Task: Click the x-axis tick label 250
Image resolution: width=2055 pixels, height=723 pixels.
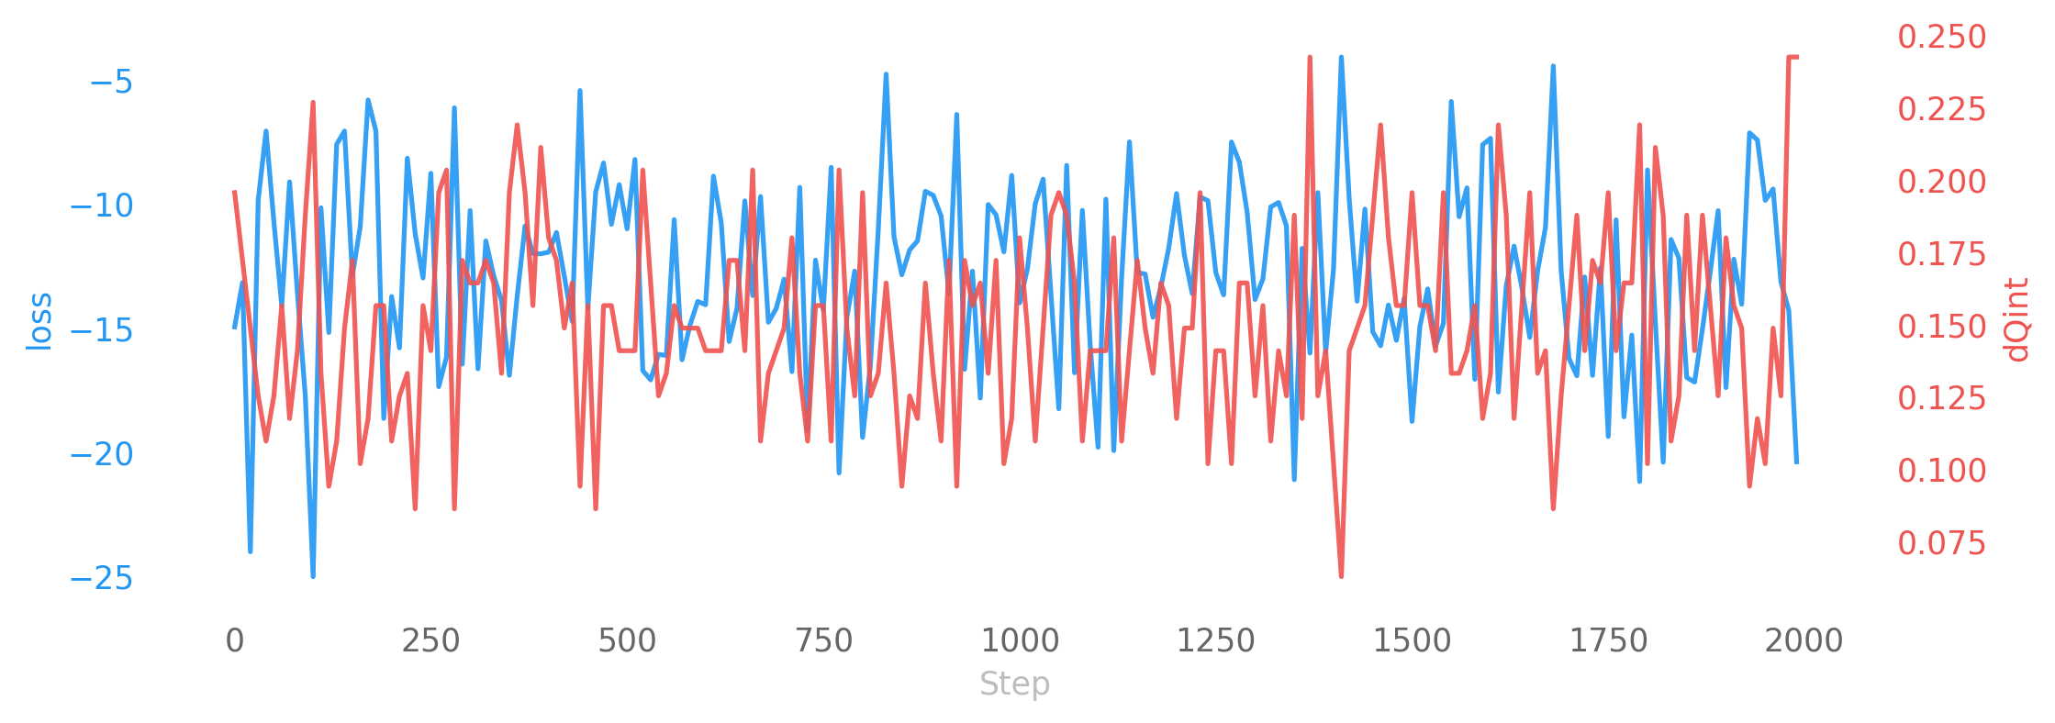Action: point(430,640)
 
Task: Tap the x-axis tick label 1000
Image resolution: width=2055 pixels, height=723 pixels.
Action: point(1020,640)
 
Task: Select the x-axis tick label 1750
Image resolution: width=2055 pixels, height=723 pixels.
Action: point(1608,640)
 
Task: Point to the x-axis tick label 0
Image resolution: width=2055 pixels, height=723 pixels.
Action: point(235,640)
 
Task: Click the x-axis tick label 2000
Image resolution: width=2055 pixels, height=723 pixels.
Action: point(1804,640)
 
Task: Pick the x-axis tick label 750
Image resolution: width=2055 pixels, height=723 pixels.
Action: point(823,640)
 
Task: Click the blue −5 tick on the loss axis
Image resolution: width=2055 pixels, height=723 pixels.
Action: point(111,83)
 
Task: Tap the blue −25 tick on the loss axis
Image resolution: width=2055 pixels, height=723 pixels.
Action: point(102,578)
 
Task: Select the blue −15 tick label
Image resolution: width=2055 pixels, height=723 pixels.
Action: point(102,330)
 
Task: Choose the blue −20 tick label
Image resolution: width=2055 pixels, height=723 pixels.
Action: point(102,454)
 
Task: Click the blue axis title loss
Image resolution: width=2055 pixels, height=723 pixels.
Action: point(39,321)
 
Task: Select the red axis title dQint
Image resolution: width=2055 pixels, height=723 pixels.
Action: point(2017,320)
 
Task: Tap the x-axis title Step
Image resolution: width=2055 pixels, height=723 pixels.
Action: point(1014,684)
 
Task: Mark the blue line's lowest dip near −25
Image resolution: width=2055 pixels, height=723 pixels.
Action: point(313,576)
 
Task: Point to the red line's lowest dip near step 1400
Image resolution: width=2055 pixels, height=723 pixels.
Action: point(1341,575)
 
